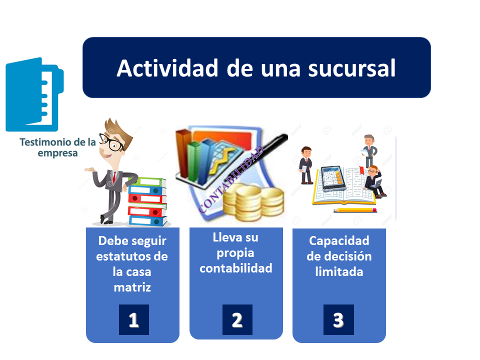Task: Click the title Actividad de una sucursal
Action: coord(256,68)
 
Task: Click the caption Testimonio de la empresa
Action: coord(57,147)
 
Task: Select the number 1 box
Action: coord(133,319)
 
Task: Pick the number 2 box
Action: coord(237,319)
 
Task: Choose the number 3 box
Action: coord(338,319)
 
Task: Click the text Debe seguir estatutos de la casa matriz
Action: coord(132,263)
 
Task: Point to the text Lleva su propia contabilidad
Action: coord(236,252)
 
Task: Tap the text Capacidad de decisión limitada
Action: coord(339,256)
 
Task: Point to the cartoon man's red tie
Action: coord(114,177)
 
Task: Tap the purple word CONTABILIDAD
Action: coord(231,180)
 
